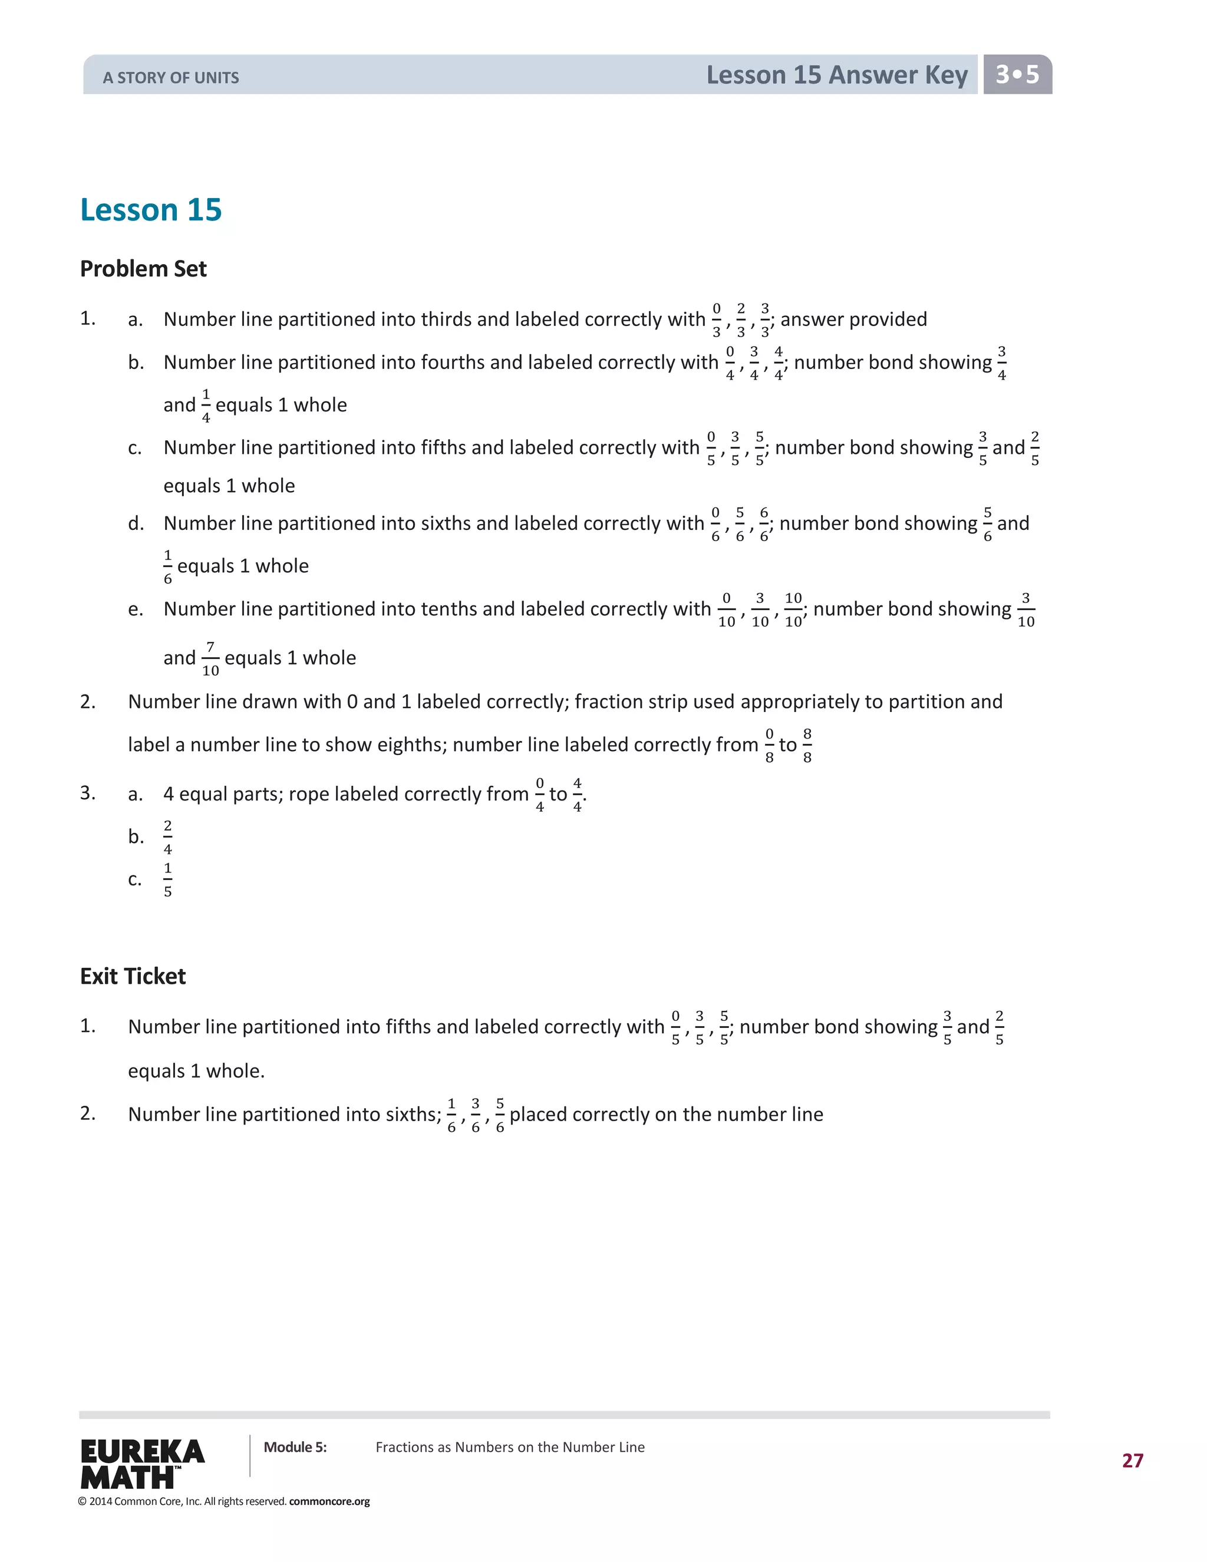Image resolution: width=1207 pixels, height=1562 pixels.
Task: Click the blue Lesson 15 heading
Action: [151, 210]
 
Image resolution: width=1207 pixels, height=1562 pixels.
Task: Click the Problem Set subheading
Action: [143, 269]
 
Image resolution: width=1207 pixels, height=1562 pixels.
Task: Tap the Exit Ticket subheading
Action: [133, 976]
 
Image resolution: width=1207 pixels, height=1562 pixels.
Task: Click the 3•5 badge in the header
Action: [1017, 74]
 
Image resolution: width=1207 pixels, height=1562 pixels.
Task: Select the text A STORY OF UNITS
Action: [171, 78]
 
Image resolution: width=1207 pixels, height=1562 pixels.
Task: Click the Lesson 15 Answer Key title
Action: [837, 75]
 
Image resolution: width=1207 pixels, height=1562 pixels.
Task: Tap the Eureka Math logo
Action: [142, 1464]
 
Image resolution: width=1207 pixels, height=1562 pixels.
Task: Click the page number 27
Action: [1133, 1461]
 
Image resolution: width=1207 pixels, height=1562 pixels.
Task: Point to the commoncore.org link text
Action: [329, 1501]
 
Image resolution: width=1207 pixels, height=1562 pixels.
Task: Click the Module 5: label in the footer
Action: [295, 1447]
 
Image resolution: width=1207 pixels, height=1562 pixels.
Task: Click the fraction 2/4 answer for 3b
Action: [168, 837]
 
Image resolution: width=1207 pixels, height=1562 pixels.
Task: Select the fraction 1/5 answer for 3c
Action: [168, 879]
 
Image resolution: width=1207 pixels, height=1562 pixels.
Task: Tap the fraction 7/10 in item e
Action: [210, 658]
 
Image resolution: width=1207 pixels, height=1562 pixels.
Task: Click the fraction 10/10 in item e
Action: [793, 609]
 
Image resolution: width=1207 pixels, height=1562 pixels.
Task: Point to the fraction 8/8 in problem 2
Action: [807, 745]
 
